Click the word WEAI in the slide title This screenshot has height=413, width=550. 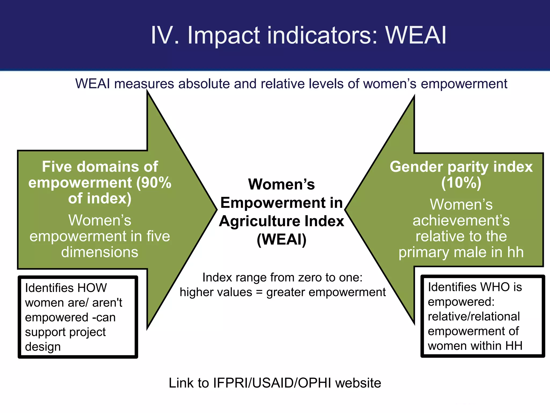(416, 35)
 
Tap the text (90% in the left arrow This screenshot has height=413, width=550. (154, 183)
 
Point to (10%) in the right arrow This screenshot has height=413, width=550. (461, 183)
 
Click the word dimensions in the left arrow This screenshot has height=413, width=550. (100, 252)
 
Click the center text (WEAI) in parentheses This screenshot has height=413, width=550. (281, 239)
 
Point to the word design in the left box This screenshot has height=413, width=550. (43, 347)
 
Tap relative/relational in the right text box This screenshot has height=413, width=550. (473, 316)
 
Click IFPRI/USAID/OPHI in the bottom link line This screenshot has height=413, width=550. (272, 383)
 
